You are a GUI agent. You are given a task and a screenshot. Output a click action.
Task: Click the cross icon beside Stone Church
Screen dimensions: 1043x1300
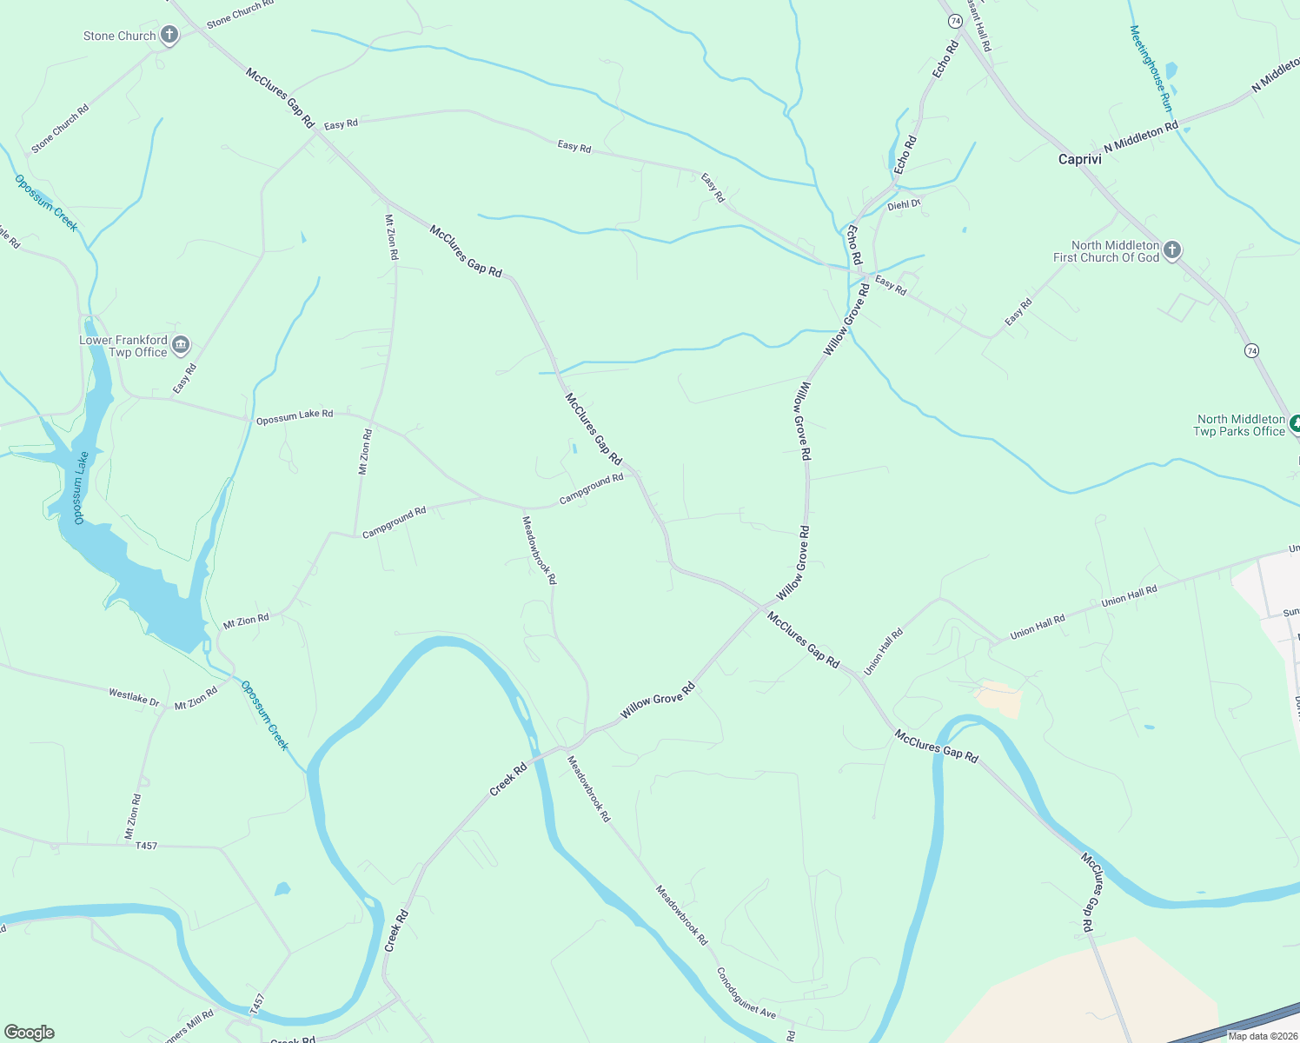[x=169, y=36]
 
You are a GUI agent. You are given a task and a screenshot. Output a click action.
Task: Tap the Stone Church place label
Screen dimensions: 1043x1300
[x=119, y=36]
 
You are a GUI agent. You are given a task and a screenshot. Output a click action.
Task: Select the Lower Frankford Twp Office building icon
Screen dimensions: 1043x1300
[x=181, y=345]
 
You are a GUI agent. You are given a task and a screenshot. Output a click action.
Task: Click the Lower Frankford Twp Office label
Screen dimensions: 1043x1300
[x=123, y=346]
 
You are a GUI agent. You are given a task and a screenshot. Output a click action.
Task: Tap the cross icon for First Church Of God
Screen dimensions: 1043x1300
[x=1171, y=251]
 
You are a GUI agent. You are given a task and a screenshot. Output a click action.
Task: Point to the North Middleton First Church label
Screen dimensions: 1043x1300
[x=1105, y=251]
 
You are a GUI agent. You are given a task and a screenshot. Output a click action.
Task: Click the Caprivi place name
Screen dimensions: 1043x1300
[x=1079, y=159]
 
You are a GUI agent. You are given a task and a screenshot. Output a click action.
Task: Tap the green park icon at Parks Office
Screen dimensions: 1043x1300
[x=1295, y=425]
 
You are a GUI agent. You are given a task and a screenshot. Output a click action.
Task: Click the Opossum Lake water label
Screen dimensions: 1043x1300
[x=80, y=488]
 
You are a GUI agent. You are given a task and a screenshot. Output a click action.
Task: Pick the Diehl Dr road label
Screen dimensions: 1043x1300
[x=903, y=205]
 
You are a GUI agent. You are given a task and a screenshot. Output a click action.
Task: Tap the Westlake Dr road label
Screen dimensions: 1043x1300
[x=134, y=696]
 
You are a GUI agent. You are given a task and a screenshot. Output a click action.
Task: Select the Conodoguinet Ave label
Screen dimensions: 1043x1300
[x=746, y=993]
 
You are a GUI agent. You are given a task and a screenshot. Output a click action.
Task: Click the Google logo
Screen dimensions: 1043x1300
[x=30, y=1032]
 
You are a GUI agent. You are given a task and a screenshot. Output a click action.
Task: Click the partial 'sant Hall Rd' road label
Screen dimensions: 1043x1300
[x=979, y=26]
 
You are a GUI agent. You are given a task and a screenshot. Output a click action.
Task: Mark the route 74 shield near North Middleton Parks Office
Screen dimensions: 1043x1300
[x=1250, y=350]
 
